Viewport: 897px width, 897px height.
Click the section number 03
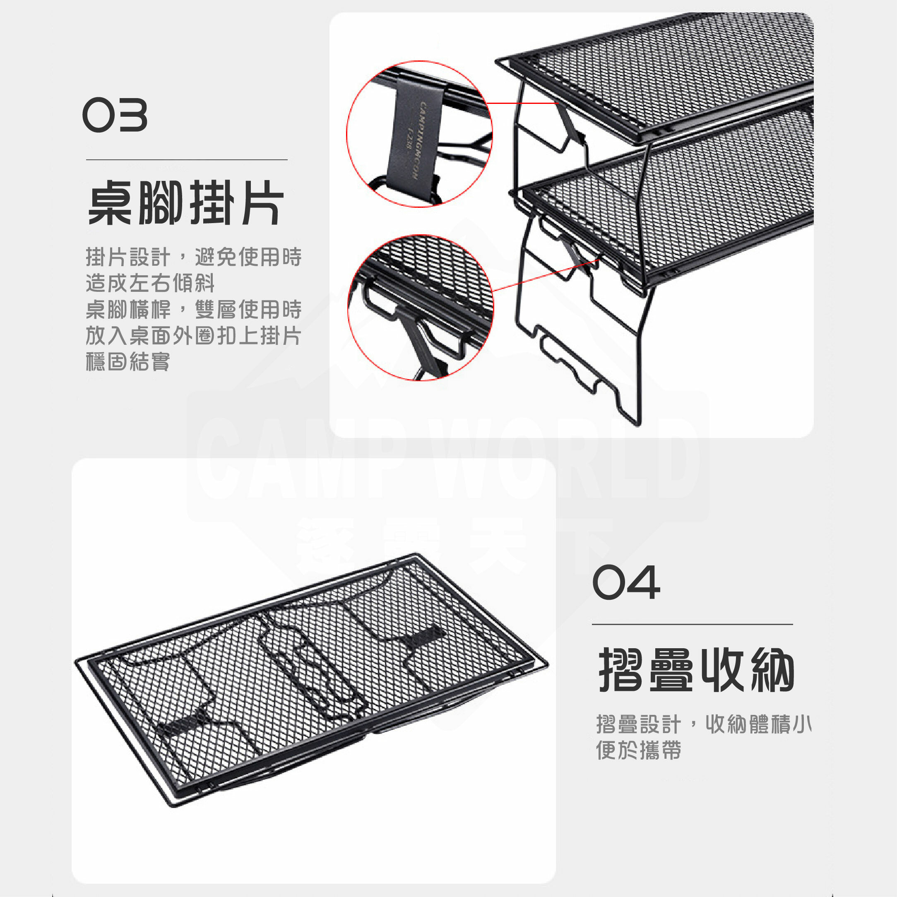[x=115, y=115]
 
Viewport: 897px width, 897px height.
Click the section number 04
[x=626, y=582]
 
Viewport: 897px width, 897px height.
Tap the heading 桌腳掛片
[x=186, y=203]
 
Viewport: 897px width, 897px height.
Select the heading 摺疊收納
[x=696, y=669]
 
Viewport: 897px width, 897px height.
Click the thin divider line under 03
[x=187, y=160]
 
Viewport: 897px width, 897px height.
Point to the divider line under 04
[x=692, y=625]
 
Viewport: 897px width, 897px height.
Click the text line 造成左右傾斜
[x=150, y=283]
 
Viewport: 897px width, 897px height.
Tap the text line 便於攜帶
[x=638, y=750]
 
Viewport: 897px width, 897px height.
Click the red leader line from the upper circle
[x=524, y=103]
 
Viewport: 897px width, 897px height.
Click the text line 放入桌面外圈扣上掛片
[x=194, y=335]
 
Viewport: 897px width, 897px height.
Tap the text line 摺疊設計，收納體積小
[x=704, y=724]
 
